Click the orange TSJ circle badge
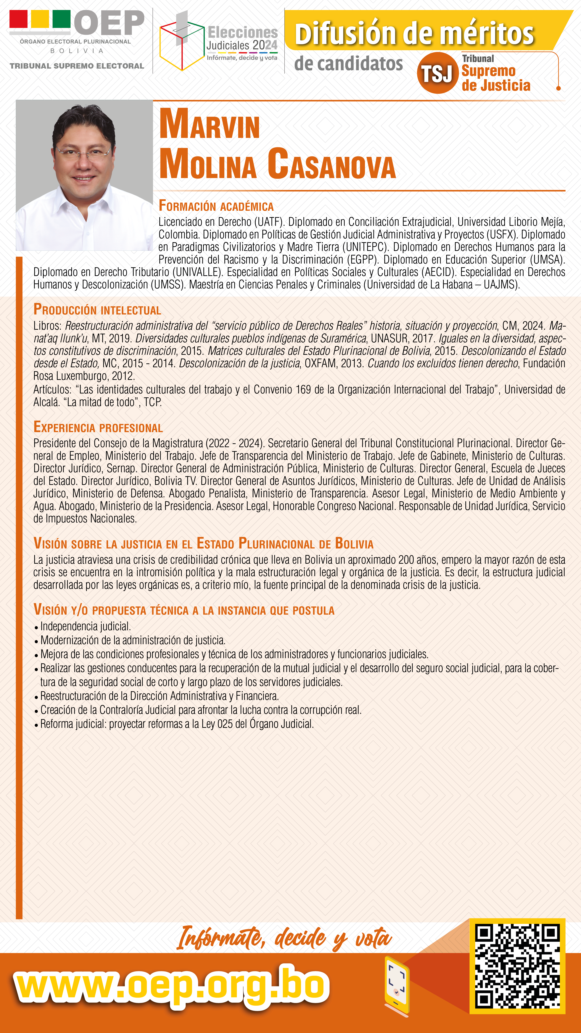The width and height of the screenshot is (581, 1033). pyautogui.click(x=437, y=73)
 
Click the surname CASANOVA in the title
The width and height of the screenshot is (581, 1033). pyautogui.click(x=331, y=164)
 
